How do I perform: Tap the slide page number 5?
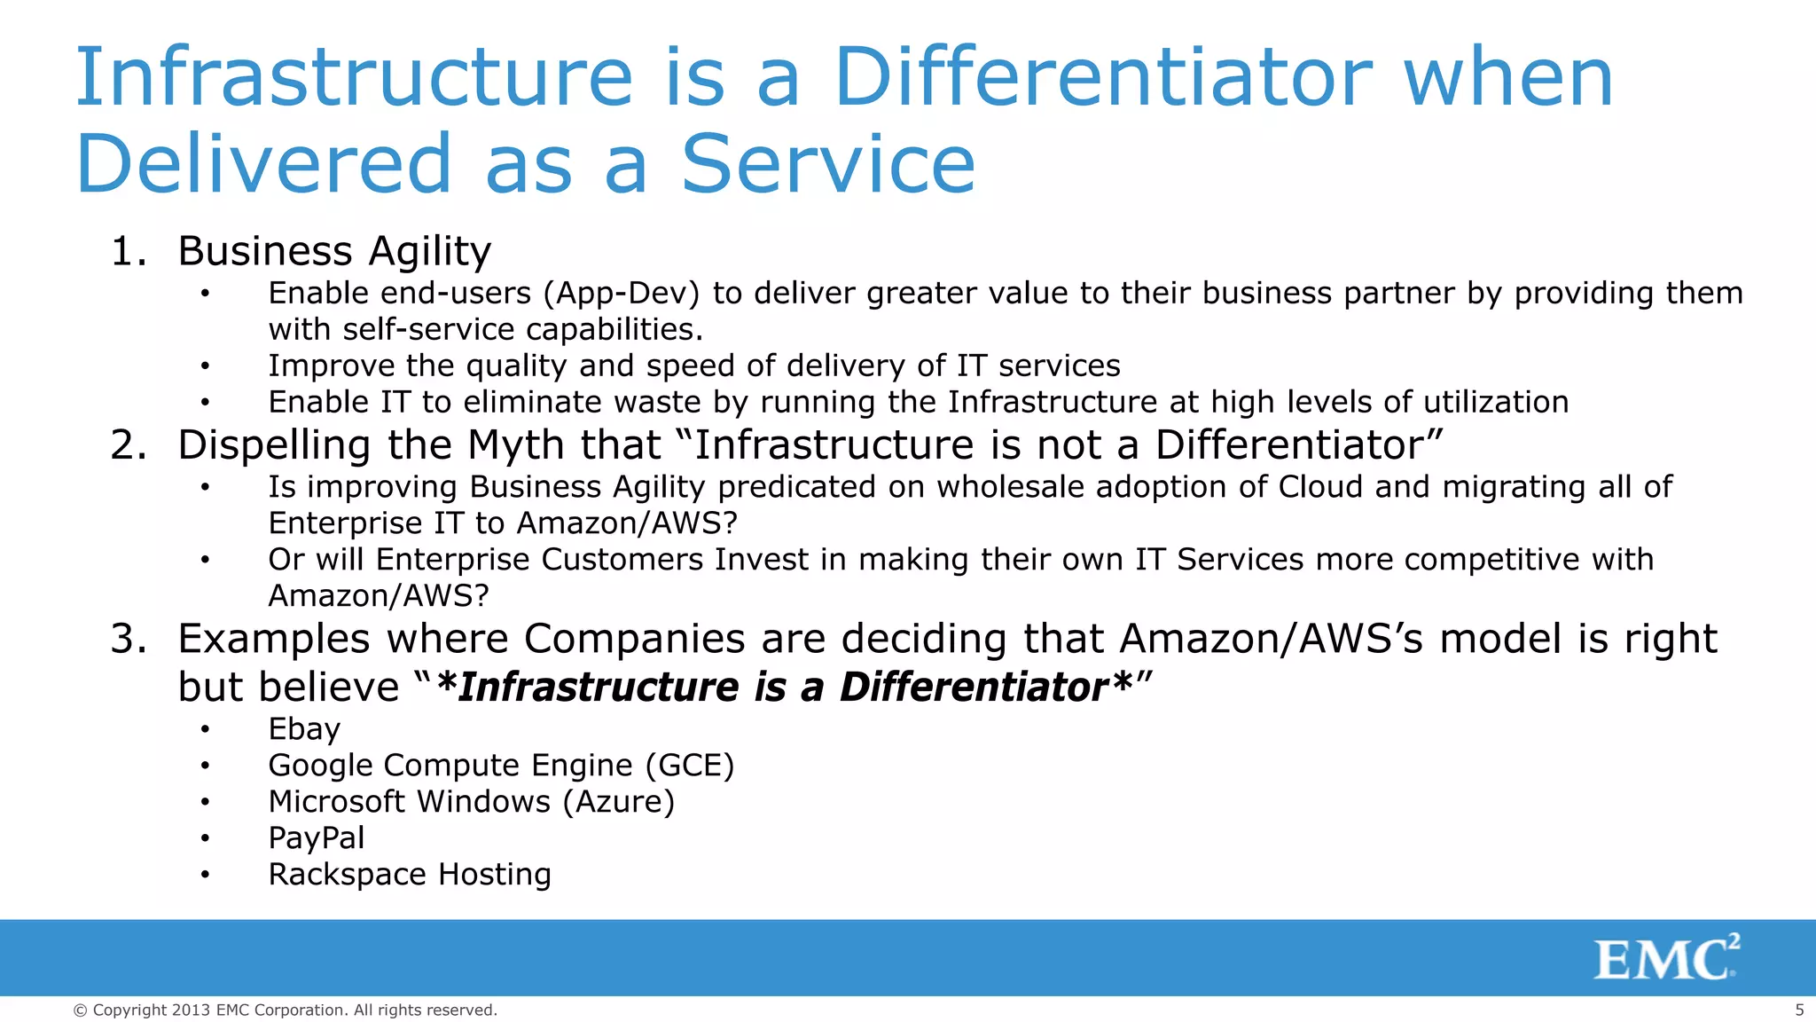pyautogui.click(x=1799, y=1010)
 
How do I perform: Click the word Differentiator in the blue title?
pyautogui.click(x=1102, y=78)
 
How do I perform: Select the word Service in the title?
pyautogui.click(x=828, y=164)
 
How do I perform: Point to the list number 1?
pyautogui.click(x=129, y=252)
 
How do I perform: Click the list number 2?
pyautogui.click(x=129, y=445)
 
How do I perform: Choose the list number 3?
pyautogui.click(x=129, y=639)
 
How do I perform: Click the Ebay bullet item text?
pyautogui.click(x=304, y=729)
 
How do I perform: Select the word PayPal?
pyautogui.click(x=317, y=838)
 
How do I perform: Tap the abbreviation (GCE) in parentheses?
pyautogui.click(x=690, y=766)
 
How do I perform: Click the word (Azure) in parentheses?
pyautogui.click(x=618, y=802)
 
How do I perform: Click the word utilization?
pyautogui.click(x=1496, y=403)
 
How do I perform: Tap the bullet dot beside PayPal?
pyautogui.click(x=205, y=839)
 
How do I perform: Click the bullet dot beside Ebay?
pyautogui.click(x=205, y=730)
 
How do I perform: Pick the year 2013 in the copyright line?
pyautogui.click(x=192, y=1010)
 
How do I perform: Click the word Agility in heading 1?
pyautogui.click(x=429, y=252)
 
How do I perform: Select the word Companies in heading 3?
pyautogui.click(x=634, y=639)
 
